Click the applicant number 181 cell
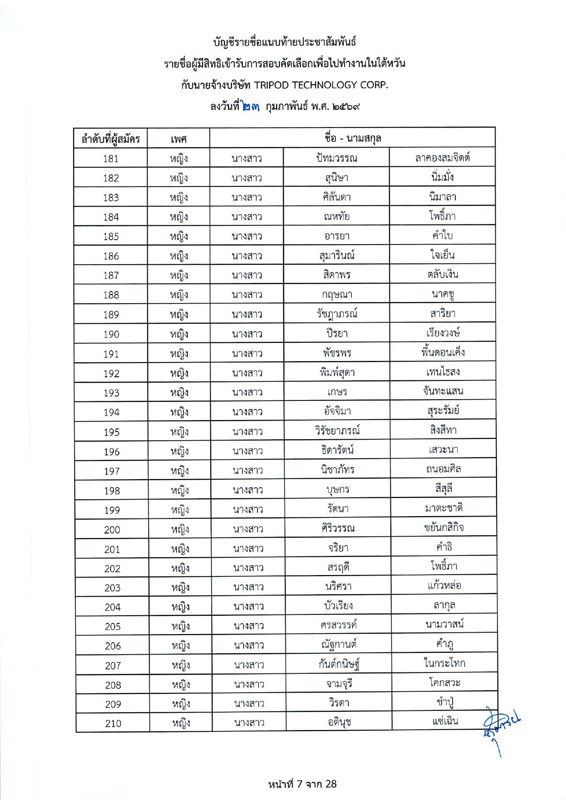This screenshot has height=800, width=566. (x=111, y=159)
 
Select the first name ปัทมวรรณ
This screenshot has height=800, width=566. (x=336, y=158)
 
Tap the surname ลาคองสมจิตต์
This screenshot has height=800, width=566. (x=442, y=158)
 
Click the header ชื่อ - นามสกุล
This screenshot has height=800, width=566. (x=352, y=138)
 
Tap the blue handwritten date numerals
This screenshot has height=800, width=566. (x=251, y=107)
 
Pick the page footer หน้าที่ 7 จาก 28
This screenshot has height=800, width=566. (x=302, y=784)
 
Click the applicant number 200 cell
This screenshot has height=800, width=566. (x=112, y=530)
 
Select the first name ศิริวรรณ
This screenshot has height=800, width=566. (x=338, y=528)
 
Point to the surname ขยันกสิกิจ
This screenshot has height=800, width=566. (x=443, y=528)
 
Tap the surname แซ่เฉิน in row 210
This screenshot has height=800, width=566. (x=444, y=721)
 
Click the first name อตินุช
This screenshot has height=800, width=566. (x=339, y=722)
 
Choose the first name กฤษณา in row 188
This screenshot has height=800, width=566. (x=337, y=294)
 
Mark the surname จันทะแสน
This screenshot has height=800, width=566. (x=443, y=391)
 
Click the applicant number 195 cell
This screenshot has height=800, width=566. (x=112, y=432)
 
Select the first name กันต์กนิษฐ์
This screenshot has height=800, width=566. (x=339, y=664)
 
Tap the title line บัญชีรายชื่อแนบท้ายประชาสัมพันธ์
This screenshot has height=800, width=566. (x=284, y=42)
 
